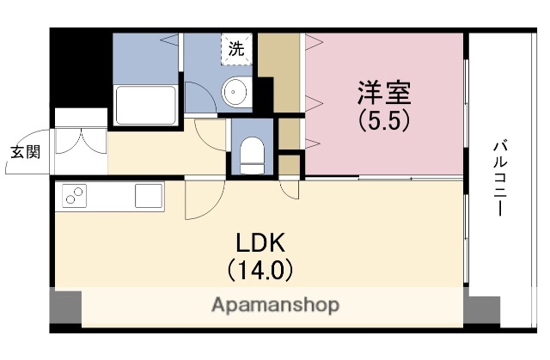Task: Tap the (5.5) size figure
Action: click(384, 120)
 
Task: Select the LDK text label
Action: click(260, 242)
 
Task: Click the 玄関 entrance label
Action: click(25, 152)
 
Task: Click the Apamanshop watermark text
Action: click(275, 305)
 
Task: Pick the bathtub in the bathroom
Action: click(145, 106)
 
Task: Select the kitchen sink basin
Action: click(148, 198)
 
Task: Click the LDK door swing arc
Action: click(199, 202)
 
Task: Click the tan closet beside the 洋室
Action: click(279, 73)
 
